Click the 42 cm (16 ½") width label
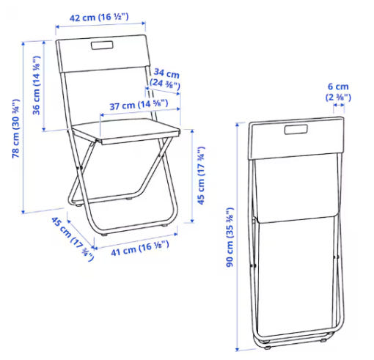[99, 18]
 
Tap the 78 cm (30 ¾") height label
[16, 128]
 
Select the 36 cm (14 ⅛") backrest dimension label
[36, 85]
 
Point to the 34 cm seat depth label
[166, 73]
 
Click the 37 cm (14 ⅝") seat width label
[139, 105]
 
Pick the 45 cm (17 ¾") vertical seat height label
[201, 175]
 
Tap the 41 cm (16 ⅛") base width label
[140, 249]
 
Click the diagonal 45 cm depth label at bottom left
[73, 238]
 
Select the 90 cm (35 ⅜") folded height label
[230, 237]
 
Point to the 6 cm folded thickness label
[338, 87]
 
